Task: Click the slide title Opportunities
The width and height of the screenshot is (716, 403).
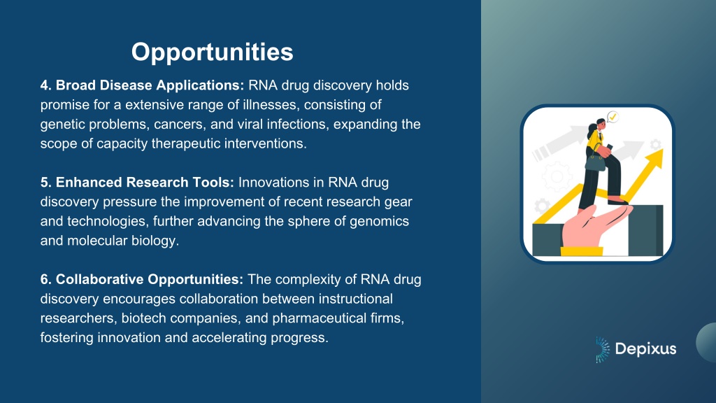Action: point(213,52)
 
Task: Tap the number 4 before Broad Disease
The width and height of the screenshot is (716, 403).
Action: point(45,85)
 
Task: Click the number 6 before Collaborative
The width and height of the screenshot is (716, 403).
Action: point(45,279)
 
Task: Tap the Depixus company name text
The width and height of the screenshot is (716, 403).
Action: point(645,349)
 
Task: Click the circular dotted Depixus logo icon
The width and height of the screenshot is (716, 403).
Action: point(602,350)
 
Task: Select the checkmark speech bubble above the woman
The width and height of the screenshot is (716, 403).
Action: point(613,118)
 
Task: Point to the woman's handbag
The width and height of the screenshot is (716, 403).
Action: point(595,161)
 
